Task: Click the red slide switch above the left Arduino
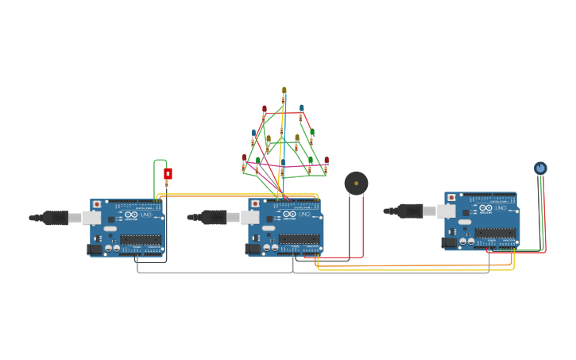[168, 173]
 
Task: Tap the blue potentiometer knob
[540, 168]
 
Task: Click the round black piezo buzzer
[356, 184]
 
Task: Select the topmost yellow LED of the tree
[284, 91]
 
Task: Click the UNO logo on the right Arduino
[485, 208]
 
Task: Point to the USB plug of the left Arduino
[56, 218]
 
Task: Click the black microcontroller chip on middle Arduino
[299, 239]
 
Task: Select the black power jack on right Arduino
[449, 242]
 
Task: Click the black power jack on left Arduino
[95, 249]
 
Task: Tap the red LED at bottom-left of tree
[244, 158]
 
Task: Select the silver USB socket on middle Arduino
[249, 217]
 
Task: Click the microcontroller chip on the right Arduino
[495, 233]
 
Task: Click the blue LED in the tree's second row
[301, 108]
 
